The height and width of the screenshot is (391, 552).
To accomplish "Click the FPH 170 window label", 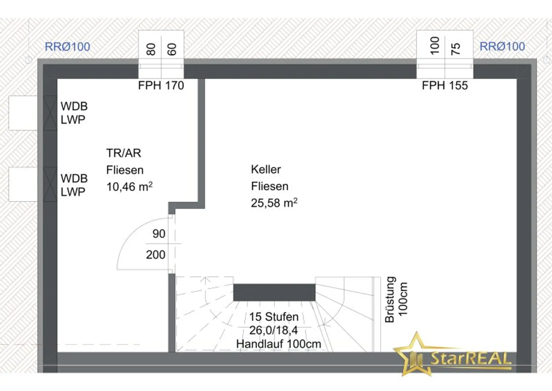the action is click(x=161, y=86).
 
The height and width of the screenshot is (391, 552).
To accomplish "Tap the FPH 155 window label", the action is click(x=445, y=86).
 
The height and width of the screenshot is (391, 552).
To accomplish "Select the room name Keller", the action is click(x=266, y=169).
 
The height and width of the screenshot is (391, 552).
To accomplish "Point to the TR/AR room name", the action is click(x=124, y=153).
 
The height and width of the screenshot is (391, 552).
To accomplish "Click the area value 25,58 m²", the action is click(x=274, y=203).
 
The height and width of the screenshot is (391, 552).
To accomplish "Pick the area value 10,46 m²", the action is click(x=129, y=187).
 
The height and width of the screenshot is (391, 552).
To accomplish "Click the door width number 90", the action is click(x=159, y=234).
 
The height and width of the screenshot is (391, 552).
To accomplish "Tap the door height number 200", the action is click(x=156, y=255).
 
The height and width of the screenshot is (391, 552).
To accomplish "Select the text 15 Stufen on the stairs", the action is click(x=274, y=317).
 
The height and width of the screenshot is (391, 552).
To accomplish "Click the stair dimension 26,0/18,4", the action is click(x=273, y=330).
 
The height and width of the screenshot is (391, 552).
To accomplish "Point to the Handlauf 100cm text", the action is click(x=279, y=344).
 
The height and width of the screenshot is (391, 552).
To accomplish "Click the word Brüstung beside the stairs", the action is click(x=390, y=299).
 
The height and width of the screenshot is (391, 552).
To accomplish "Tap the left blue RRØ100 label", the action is click(x=68, y=47).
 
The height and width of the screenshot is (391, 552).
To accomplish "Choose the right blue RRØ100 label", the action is click(x=502, y=46).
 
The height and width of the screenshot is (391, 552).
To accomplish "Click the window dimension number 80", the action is click(x=151, y=49).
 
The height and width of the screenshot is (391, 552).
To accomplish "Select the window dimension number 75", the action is click(x=455, y=49).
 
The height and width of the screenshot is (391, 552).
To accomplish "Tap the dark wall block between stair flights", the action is click(x=274, y=292).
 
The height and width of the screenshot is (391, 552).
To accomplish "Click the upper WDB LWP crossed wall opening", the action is click(x=50, y=113).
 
